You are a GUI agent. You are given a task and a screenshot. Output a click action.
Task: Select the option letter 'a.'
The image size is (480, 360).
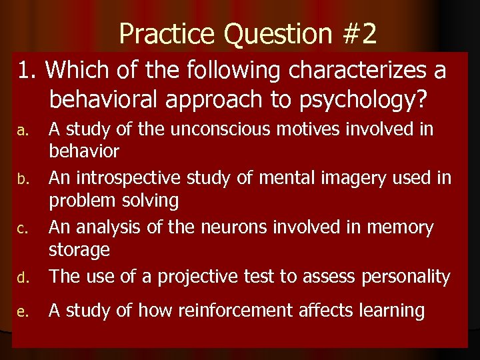(22, 129)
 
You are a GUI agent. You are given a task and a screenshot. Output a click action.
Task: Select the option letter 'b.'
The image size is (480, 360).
(22, 179)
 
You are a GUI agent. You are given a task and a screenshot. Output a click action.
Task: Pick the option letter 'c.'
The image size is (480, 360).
(22, 229)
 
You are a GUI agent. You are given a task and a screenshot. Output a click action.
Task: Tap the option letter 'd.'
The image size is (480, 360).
(22, 278)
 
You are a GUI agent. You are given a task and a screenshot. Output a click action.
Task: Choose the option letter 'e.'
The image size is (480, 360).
(22, 311)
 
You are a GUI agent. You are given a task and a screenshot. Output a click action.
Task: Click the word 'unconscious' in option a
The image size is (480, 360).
(211, 128)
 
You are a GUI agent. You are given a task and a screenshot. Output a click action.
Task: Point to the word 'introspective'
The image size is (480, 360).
(137, 178)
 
